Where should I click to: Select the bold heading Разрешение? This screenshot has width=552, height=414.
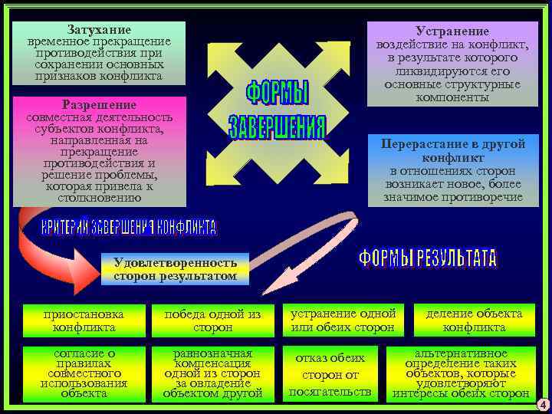point(99,104)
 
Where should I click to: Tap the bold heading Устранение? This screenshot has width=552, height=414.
point(452,31)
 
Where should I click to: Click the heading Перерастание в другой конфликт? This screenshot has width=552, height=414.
point(452,149)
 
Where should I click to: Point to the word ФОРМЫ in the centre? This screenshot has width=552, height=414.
point(277,94)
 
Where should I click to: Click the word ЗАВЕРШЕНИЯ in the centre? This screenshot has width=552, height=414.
point(277,127)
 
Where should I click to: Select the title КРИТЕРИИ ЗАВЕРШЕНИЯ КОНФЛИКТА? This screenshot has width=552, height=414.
point(129,227)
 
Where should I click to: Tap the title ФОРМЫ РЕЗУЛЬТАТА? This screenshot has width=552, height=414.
point(428,259)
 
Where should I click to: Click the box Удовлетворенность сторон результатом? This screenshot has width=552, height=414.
point(175,269)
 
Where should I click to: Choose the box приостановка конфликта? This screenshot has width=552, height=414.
point(84,320)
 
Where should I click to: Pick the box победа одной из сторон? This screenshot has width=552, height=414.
point(213,320)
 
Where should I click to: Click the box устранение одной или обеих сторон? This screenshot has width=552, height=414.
point(343,320)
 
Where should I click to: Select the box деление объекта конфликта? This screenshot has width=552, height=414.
point(474,320)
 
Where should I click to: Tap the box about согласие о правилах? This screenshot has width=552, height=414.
point(84,373)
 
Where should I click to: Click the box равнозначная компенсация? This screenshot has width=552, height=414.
point(213,373)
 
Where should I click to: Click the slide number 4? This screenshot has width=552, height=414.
point(541,404)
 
